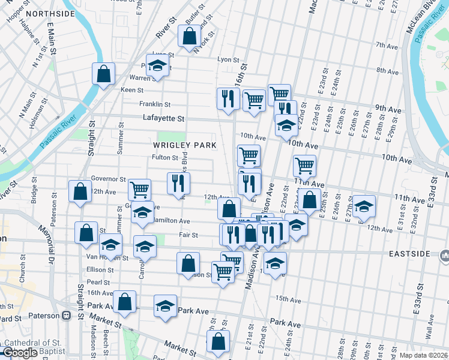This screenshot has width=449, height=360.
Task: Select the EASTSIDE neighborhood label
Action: pyautogui.click(x=408, y=254)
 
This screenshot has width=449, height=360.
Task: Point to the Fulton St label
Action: pyautogui.click(x=165, y=158)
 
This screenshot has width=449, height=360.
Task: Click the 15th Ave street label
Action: pyautogui.click(x=288, y=298)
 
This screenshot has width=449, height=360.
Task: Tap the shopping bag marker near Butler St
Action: pyautogui.click(x=189, y=36)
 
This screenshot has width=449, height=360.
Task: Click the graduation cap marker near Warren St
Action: pyautogui.click(x=158, y=65)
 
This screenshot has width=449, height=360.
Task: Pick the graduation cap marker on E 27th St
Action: pyautogui.click(x=364, y=206)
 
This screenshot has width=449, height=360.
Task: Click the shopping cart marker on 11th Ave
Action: pyautogui.click(x=305, y=166)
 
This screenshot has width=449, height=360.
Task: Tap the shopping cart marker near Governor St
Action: pyautogui.click(x=139, y=190)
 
